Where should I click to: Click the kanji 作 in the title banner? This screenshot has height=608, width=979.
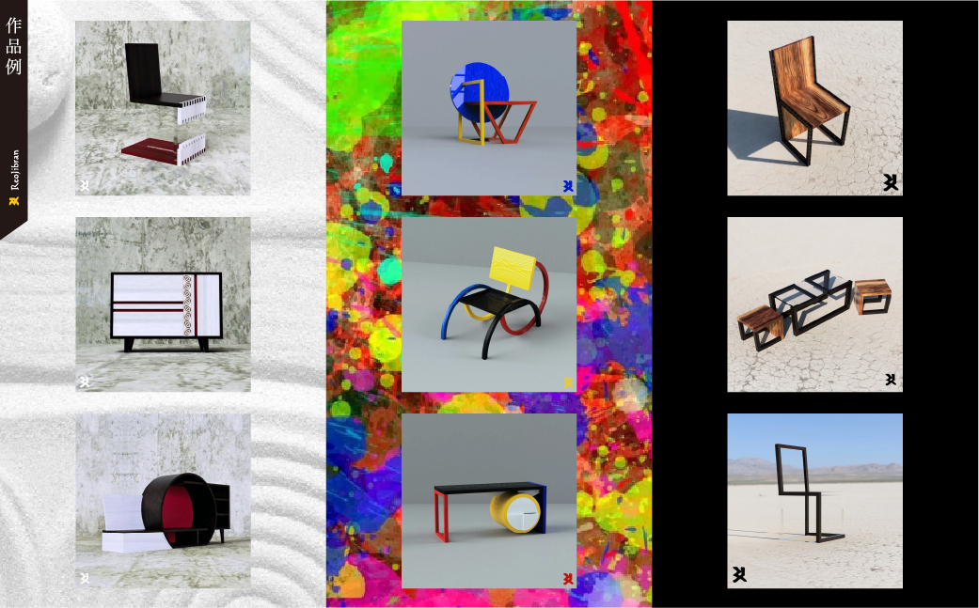pyautogui.click(x=14, y=25)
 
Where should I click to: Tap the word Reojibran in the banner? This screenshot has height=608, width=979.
pyautogui.click(x=14, y=169)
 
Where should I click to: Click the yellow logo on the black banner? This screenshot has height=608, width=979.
pyautogui.click(x=14, y=201)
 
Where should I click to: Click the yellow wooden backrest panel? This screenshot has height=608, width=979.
pyautogui.click(x=513, y=268)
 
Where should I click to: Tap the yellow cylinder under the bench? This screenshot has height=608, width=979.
pyautogui.click(x=514, y=511)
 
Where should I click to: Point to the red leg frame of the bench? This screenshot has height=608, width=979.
pyautogui.click(x=442, y=515)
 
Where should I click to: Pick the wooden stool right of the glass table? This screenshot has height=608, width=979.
pyautogui.click(x=872, y=296)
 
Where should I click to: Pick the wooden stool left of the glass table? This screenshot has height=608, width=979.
pyautogui.click(x=761, y=325)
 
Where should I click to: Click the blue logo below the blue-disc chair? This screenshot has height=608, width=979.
pyautogui.click(x=567, y=186)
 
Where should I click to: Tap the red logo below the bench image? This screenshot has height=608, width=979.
pyautogui.click(x=567, y=579)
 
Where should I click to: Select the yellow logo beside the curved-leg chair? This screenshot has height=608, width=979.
pyautogui.click(x=567, y=382)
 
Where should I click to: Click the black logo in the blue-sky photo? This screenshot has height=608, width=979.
pyautogui.click(x=739, y=574)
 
